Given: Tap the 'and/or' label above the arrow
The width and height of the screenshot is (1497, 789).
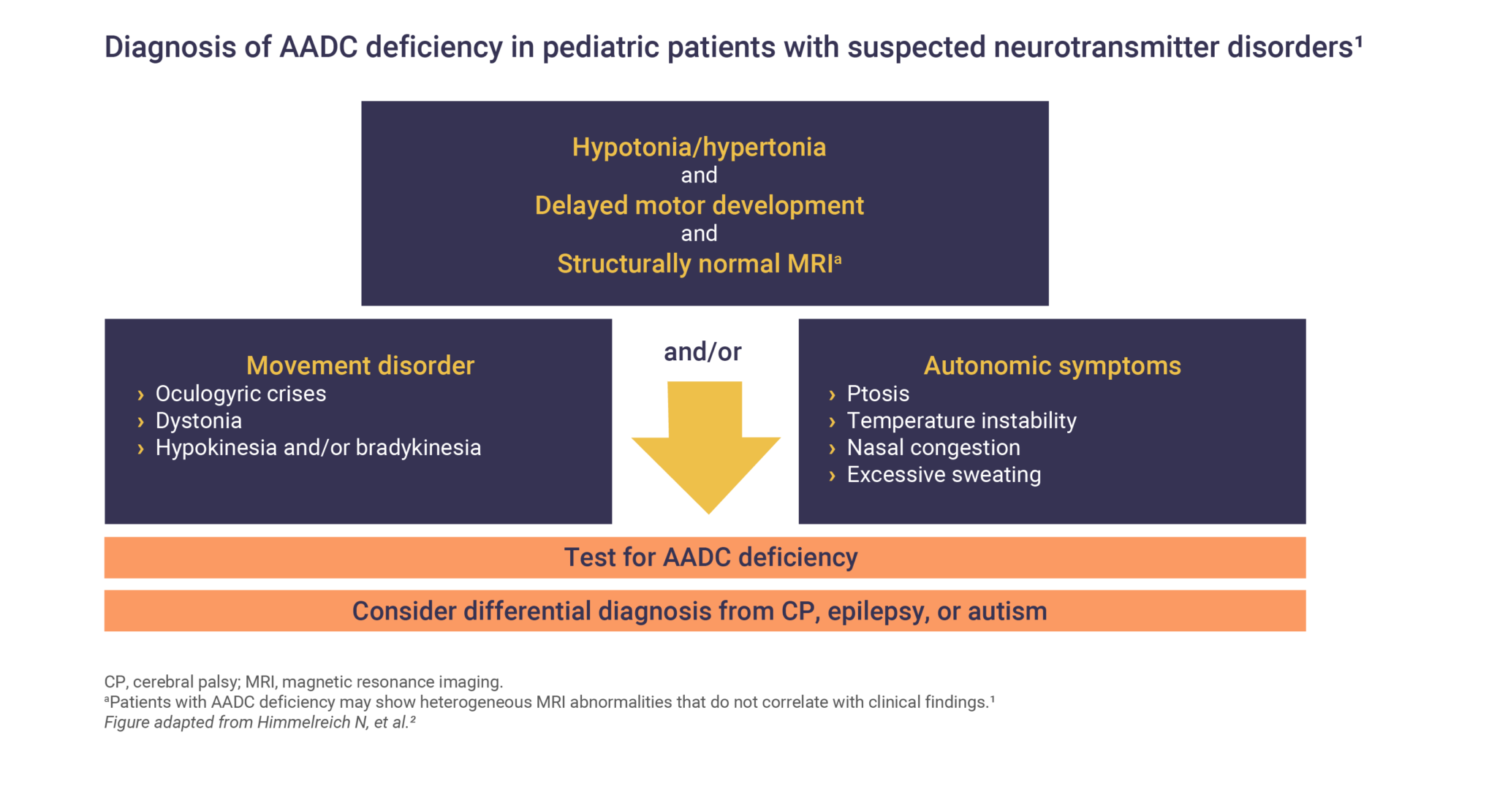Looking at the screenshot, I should click(x=702, y=352).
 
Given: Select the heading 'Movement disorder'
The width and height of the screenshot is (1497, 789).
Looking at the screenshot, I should click(x=360, y=365).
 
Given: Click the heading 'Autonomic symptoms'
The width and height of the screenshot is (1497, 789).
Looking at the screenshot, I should click(x=1052, y=365).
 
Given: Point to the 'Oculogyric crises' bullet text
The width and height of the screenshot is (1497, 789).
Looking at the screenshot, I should click(x=240, y=394).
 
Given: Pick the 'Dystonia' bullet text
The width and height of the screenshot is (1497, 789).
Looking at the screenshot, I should click(x=199, y=421).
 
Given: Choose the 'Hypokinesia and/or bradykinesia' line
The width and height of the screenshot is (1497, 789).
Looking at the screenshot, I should click(x=318, y=448).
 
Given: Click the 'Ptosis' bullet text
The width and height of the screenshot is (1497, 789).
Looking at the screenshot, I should click(x=878, y=394).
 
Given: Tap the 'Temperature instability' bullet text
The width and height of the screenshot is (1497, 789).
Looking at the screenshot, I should click(x=961, y=421).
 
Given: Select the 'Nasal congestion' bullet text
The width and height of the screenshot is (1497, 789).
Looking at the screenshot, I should click(x=933, y=448).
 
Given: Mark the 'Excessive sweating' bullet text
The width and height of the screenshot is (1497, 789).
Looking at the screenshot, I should click(x=944, y=475).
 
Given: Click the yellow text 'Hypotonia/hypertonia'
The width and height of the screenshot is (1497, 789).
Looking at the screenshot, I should click(x=699, y=148).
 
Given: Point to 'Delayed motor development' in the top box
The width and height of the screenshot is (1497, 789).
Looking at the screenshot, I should click(x=699, y=206).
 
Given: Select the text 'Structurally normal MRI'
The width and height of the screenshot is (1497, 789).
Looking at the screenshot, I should click(x=695, y=264).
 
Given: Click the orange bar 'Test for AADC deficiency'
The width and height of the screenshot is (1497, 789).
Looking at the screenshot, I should click(x=705, y=557).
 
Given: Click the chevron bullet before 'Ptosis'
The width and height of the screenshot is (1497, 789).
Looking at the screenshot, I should click(x=832, y=395).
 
